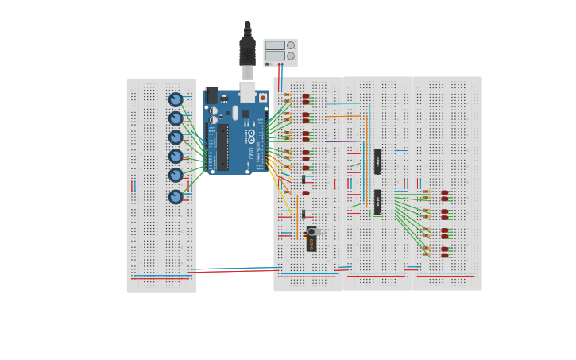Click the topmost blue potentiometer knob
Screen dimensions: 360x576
coord(176,99)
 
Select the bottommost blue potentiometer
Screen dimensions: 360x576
coord(176,196)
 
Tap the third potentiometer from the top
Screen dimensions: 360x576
coord(176,137)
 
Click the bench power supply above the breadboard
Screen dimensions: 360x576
coord(280,52)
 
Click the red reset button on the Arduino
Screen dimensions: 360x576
coord(263,98)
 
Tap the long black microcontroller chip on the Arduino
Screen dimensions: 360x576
coord(224,147)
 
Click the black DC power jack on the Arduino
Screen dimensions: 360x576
coord(211,95)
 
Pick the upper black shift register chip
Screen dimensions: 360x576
coord(377,161)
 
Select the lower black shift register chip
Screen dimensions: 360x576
coord(377,202)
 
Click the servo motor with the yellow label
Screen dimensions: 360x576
coord(311,239)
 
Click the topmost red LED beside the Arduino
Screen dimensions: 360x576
coord(306,96)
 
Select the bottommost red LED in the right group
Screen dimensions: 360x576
coord(445,255)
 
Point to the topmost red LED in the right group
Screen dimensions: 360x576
coord(445,192)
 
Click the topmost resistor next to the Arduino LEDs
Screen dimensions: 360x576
coord(288,96)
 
